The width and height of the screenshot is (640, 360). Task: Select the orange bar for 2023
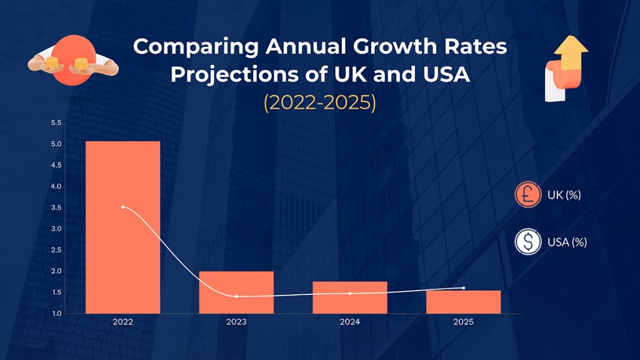(236, 292)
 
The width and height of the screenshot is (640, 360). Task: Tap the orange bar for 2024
(350, 297)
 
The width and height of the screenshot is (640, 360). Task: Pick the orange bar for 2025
(463, 302)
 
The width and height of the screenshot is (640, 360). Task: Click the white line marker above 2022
(122, 207)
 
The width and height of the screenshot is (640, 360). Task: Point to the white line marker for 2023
(236, 296)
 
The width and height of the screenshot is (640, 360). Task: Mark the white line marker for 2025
(463, 288)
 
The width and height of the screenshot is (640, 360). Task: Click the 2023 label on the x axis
(236, 322)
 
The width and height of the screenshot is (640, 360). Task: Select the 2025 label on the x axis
(463, 322)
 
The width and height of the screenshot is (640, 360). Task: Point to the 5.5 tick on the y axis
(56, 123)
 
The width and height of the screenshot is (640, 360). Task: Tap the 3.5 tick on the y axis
(56, 207)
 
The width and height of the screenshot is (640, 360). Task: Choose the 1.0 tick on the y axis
(56, 313)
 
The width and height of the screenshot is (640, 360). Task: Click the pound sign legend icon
(527, 195)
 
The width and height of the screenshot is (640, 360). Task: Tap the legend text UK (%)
(564, 195)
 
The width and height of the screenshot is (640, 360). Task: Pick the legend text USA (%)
(567, 241)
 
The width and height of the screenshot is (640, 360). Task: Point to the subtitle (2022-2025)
(319, 102)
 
